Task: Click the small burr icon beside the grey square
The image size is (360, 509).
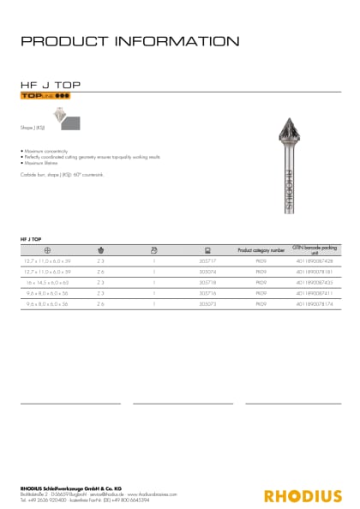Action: pyautogui.click(x=59, y=114)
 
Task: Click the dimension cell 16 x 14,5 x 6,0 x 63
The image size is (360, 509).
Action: pyautogui.click(x=47, y=281)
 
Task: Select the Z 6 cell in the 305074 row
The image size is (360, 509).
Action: pyautogui.click(x=100, y=271)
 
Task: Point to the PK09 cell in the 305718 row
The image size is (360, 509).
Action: pyautogui.click(x=261, y=281)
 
